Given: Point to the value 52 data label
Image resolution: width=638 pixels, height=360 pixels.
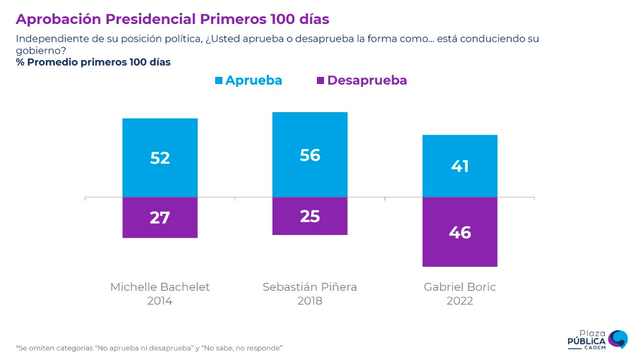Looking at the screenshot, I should click(x=160, y=158).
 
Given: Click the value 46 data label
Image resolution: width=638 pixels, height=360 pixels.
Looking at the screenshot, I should click(x=460, y=232).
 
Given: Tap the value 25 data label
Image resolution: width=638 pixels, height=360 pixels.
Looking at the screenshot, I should click(x=310, y=216).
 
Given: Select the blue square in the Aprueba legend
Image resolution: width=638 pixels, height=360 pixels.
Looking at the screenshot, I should click(x=219, y=80).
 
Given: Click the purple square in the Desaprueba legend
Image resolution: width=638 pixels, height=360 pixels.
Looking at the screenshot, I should click(x=320, y=80).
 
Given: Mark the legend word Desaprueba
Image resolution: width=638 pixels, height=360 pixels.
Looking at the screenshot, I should click(x=367, y=80).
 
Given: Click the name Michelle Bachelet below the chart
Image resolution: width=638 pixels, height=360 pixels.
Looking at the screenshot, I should click(x=160, y=287).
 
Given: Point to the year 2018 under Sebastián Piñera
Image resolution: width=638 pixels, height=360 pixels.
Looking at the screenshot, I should click(x=310, y=301).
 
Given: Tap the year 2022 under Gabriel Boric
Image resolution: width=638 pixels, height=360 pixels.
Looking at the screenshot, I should click(x=459, y=301).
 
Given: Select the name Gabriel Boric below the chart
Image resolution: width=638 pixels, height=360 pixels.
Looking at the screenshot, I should click(x=459, y=287).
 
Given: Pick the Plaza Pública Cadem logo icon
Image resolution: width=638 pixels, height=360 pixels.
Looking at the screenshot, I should click(x=618, y=338).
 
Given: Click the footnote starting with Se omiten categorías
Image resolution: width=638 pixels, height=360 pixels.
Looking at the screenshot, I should click(x=149, y=348).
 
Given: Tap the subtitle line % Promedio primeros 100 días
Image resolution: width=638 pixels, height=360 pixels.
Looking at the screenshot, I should click(x=93, y=62).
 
